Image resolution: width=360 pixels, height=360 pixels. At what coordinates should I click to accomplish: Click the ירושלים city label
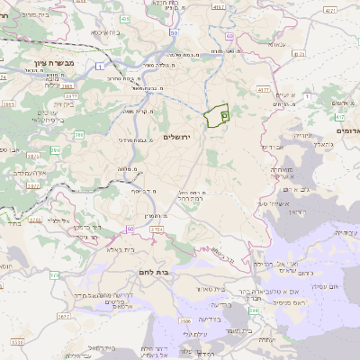click(x=177, y=136)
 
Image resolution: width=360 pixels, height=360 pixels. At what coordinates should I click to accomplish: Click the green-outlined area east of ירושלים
click(x=216, y=117)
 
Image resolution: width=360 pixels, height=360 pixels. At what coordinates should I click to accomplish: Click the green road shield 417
click(x=340, y=117)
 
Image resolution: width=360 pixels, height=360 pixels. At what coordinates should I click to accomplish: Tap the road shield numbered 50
click(x=173, y=32)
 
